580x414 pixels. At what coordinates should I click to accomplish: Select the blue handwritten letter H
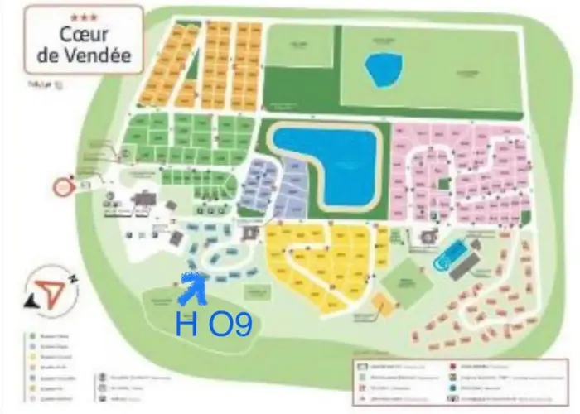point(186,324)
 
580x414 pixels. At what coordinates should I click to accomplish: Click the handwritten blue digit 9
point(241,325)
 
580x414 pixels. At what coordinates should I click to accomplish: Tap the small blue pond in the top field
point(383,70)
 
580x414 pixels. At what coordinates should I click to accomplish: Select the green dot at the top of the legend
point(31,335)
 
